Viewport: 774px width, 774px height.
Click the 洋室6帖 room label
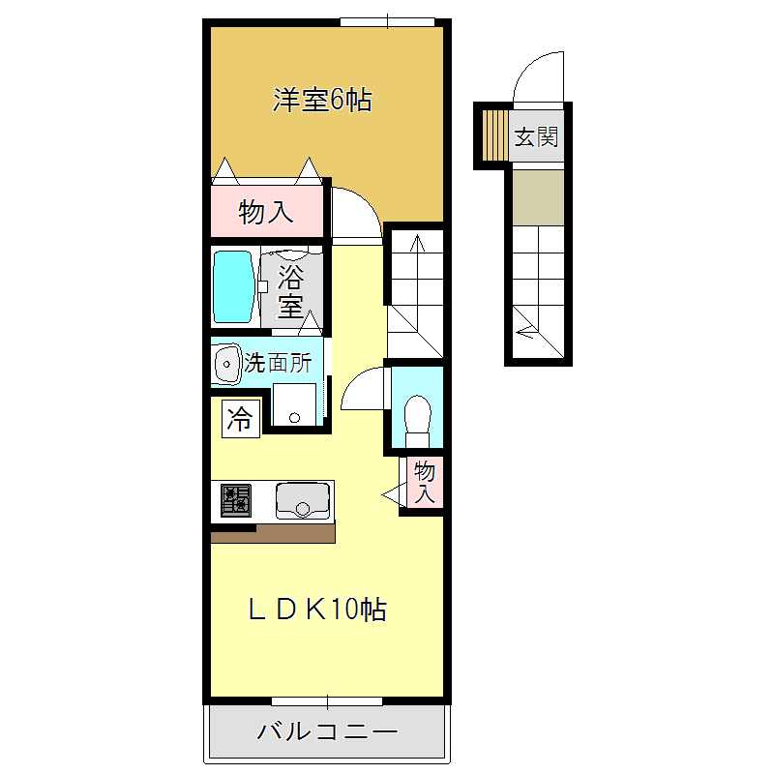coord(322,100)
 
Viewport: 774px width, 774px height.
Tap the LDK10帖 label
coord(318,609)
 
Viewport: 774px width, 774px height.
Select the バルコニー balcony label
coord(327,731)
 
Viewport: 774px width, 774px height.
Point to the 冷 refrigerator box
coord(240,420)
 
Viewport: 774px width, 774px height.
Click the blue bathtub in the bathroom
coord(233,287)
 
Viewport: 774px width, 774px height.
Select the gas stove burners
coord(235,499)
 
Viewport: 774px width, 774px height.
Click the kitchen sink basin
coord(302,499)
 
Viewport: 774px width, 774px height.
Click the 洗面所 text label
coord(278,364)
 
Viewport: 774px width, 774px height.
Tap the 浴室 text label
coord(290,293)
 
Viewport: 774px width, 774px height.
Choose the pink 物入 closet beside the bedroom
coord(266,211)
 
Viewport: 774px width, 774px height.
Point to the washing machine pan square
coord(294,403)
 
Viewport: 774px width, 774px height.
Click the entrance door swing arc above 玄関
coord(538,75)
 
